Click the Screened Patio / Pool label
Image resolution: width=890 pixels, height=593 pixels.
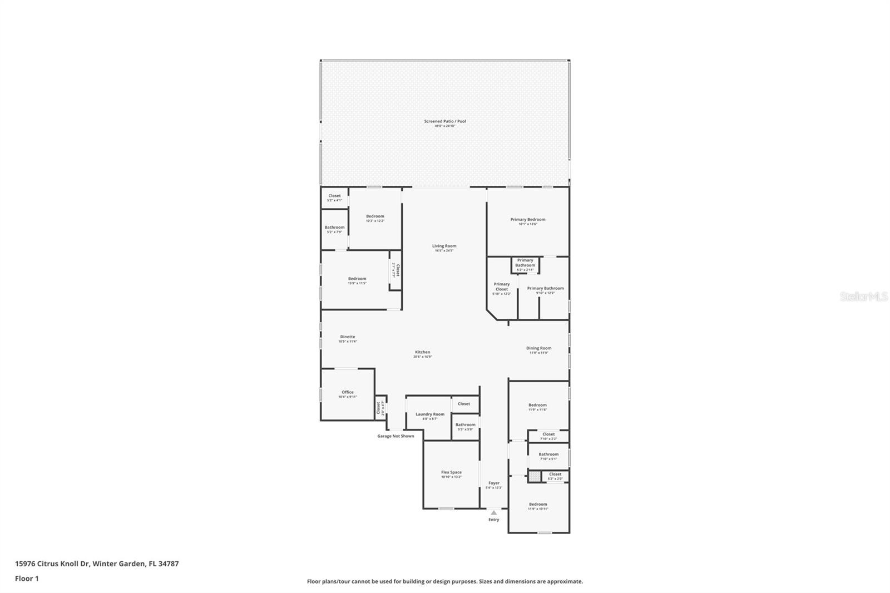pos(445,121)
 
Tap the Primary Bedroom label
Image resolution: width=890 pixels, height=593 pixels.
pos(528,220)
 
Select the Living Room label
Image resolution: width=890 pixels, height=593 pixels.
pos(444,246)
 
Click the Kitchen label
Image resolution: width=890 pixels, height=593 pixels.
pos(423,352)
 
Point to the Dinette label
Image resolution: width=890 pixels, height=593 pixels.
pos(348,337)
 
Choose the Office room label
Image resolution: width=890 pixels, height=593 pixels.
pos(348,392)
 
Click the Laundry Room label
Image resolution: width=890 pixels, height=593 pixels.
pos(431,414)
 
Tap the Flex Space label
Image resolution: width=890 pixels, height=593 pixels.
pos(451,472)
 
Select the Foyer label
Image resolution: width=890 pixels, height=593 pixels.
pos(494,483)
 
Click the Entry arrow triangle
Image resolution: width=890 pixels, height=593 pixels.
pos(494,513)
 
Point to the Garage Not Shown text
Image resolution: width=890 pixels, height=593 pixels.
pos(395,436)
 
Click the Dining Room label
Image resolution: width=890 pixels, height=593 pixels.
pos(539,348)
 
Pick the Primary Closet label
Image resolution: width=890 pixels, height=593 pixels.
pos(502,286)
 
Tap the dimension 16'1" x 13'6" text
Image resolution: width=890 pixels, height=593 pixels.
pos(528,224)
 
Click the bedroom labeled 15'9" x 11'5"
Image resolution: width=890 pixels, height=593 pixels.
pos(357,279)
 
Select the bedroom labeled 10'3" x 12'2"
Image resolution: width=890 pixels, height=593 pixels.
pos(375,216)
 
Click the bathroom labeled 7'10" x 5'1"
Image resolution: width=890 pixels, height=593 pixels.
pos(548,454)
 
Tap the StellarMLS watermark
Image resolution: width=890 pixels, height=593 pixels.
pos(864,297)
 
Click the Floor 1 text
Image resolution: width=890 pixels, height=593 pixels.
pos(27,579)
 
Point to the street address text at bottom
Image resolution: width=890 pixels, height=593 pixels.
pos(97,564)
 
